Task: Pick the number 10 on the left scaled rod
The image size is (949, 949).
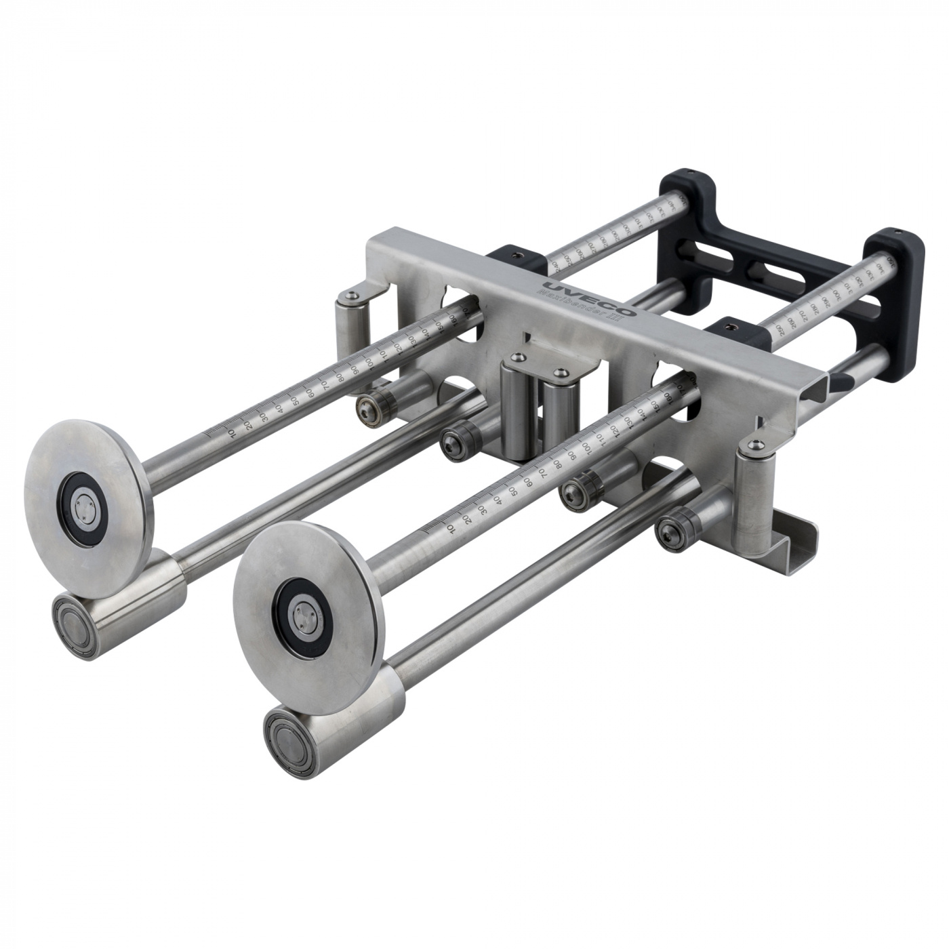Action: pyautogui.click(x=232, y=432)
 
